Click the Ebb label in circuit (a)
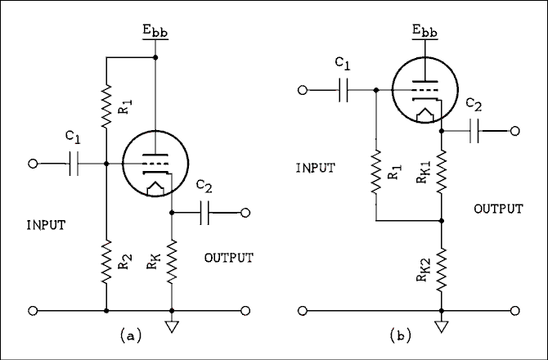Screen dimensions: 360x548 (x=155, y=33)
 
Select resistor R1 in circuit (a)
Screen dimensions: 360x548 (x=106, y=106)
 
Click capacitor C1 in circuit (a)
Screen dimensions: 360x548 (x=74, y=164)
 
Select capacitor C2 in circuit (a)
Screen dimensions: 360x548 (x=205, y=213)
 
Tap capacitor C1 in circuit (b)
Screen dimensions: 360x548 (x=344, y=90)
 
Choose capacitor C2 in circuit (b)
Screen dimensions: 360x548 (x=474, y=130)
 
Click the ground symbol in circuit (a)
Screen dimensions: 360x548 (x=172, y=328)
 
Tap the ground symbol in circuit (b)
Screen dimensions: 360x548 (x=442, y=328)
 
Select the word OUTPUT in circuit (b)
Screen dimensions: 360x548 (x=498, y=209)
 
